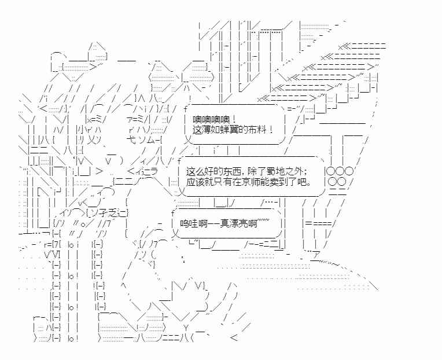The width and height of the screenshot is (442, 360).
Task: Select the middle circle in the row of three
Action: (339, 172)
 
